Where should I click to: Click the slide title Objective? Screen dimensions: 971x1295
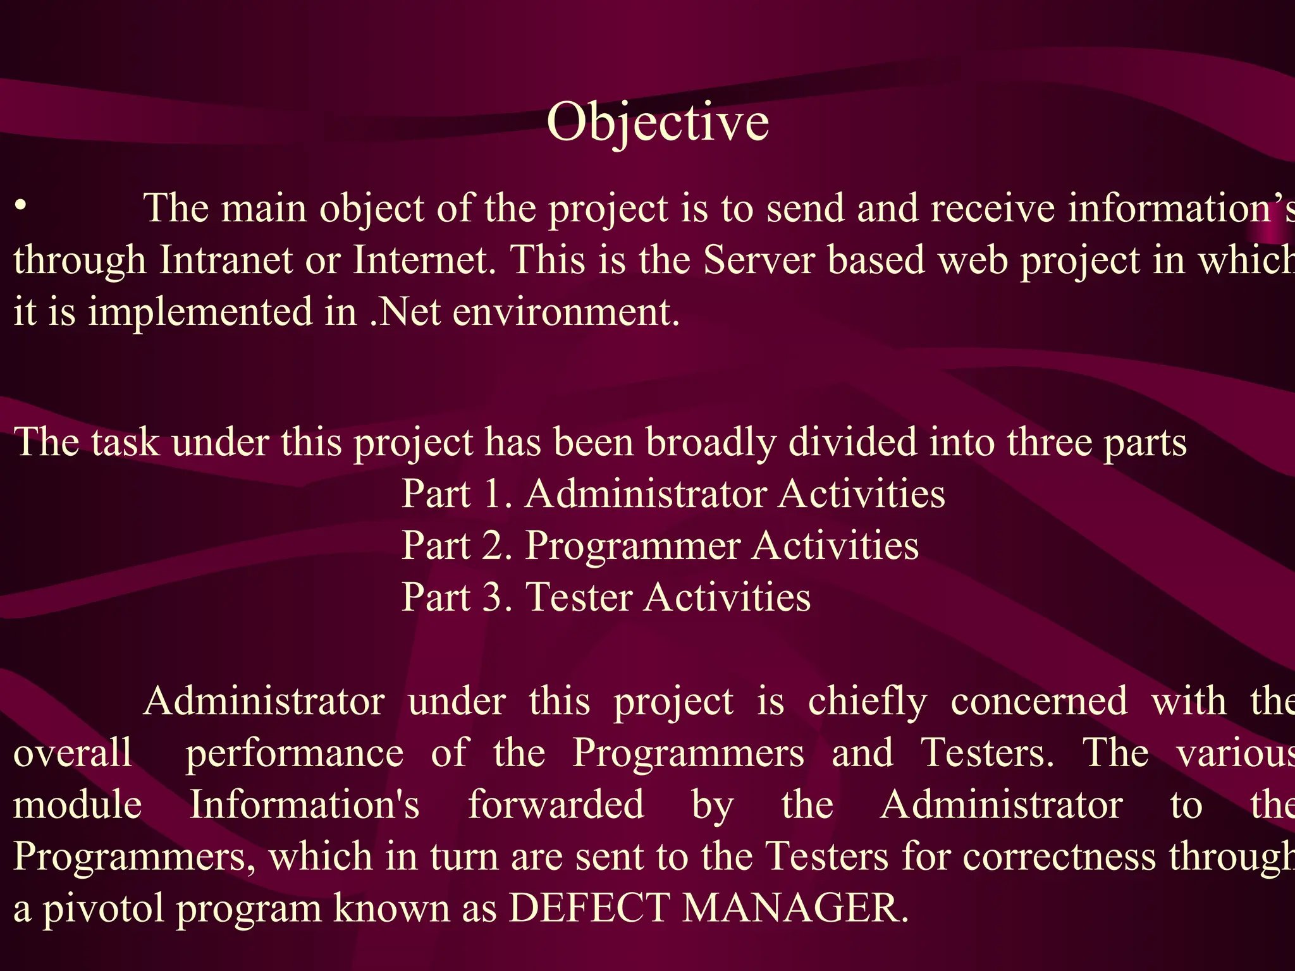pyautogui.click(x=658, y=123)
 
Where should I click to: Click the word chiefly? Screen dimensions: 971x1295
pyautogui.click(x=868, y=702)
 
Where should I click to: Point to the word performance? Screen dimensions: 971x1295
pyautogui.click(x=295, y=754)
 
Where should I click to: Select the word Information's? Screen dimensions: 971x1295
pyautogui.click(x=305, y=805)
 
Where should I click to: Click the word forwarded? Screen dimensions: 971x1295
pyautogui.click(x=556, y=805)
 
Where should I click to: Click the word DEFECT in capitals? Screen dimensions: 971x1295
pyautogui.click(x=589, y=908)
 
